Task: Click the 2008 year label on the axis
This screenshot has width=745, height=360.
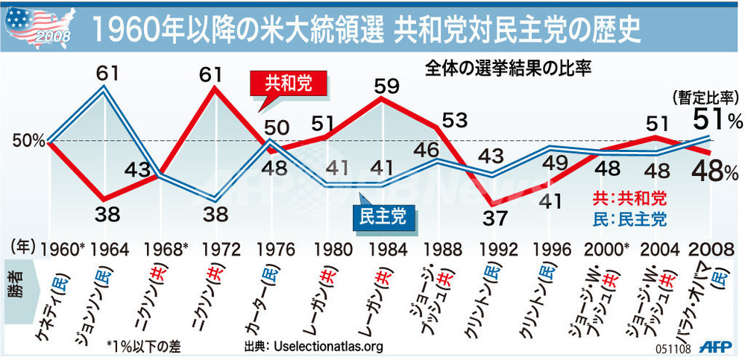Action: (710, 247)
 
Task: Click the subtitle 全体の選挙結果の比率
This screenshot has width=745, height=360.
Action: (509, 69)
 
